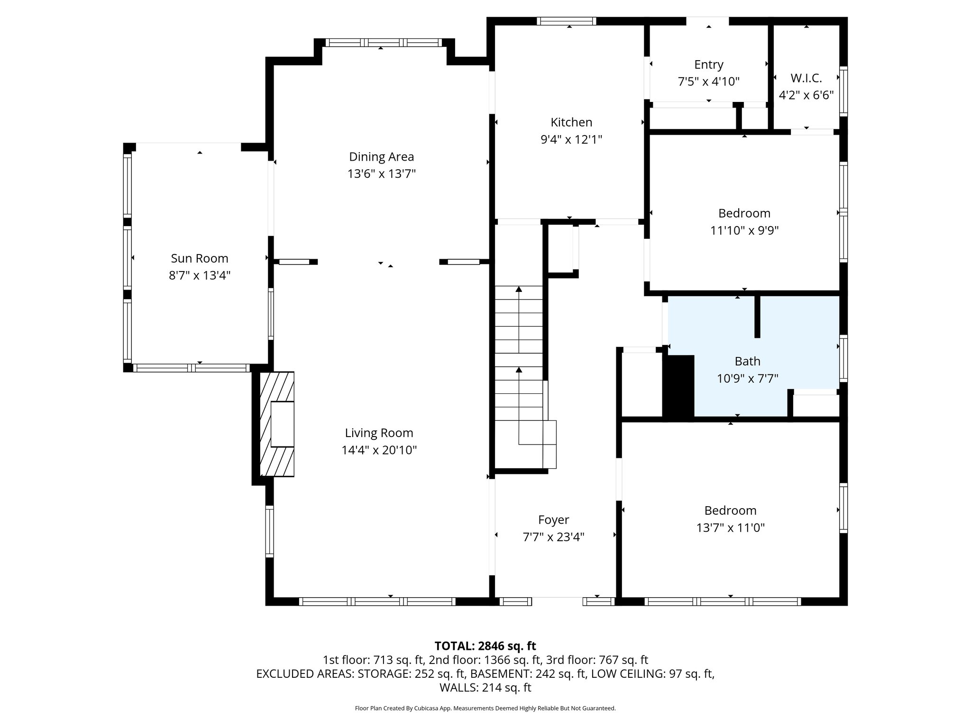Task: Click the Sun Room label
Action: point(199,258)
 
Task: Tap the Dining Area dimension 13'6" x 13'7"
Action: point(381,174)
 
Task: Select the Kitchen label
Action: point(571,122)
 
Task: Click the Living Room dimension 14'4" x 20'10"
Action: point(379,450)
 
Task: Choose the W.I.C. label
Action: point(806,78)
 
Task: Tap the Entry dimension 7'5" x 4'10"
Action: point(708,82)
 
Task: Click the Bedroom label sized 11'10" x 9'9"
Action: point(744,213)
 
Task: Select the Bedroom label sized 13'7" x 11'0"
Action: point(730,510)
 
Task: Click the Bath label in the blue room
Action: point(747,361)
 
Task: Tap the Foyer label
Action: point(553,520)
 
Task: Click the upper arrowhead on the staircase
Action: point(519,289)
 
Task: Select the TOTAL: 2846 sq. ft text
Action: point(485,646)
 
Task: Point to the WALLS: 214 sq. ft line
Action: point(485,688)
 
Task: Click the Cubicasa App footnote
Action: point(485,709)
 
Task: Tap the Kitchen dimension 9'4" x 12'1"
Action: point(571,139)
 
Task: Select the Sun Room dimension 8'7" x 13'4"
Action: point(199,275)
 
